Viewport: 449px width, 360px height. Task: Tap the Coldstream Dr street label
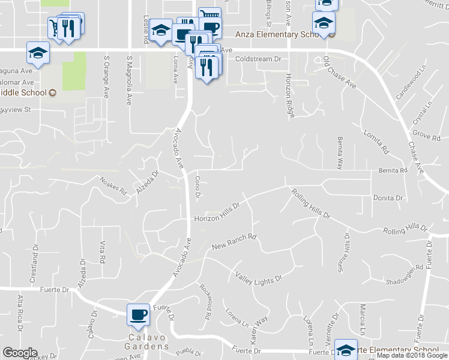tap(258, 59)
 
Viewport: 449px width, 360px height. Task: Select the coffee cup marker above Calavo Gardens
tap(139, 314)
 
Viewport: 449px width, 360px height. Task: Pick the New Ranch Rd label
tap(234, 242)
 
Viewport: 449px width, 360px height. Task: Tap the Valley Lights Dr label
tap(259, 277)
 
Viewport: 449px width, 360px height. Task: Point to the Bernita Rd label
tap(393, 170)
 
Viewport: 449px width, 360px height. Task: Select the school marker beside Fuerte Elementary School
tap(346, 349)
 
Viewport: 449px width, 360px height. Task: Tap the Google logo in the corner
tap(20, 353)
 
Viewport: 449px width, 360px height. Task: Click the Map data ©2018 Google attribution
tap(412, 356)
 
